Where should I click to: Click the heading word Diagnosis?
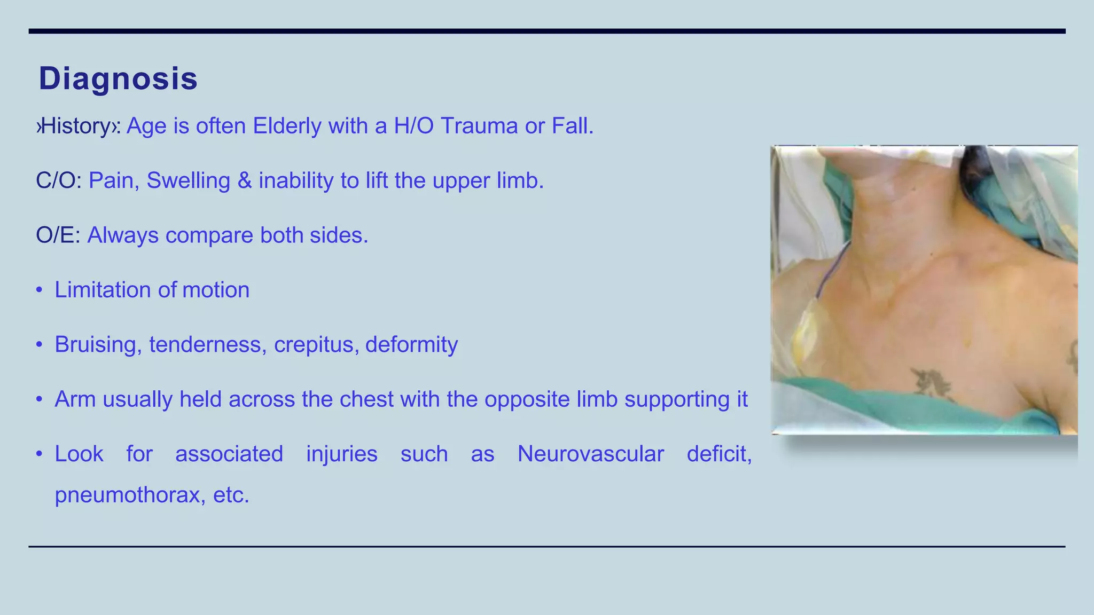coord(118,79)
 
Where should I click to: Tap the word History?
coord(75,127)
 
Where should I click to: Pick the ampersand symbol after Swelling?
coord(244,181)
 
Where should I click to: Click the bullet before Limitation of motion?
coord(39,290)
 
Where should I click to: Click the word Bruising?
coord(98,345)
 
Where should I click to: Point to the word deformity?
coord(411,345)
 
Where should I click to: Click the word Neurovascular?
coord(590,454)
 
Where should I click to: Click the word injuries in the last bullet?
coord(341,454)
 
